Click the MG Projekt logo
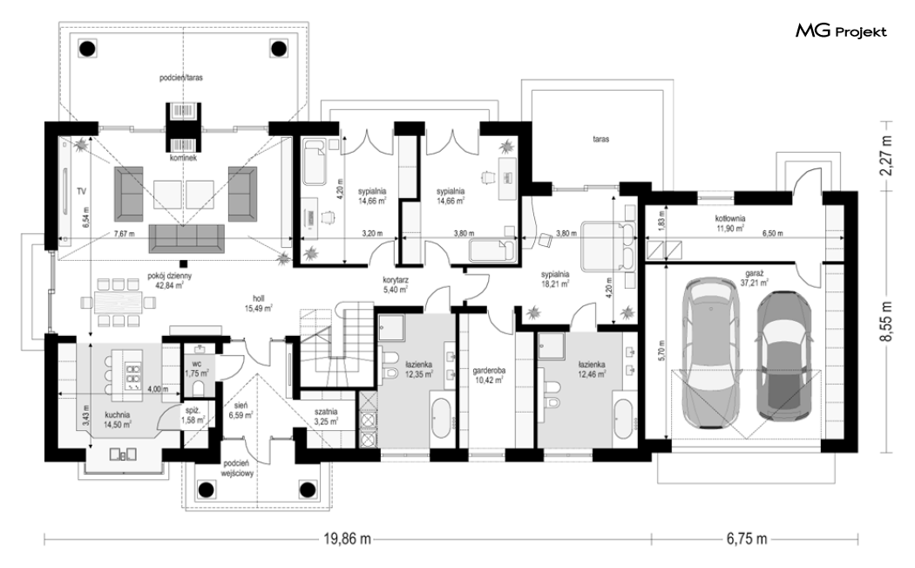pyautogui.click(x=841, y=31)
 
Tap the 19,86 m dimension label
pyautogui.click(x=347, y=539)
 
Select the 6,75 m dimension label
pyautogui.click(x=747, y=539)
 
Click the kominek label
pyautogui.click(x=184, y=158)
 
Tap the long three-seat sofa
pyautogui.click(x=186, y=238)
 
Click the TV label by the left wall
pyautogui.click(x=81, y=191)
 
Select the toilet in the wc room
pyautogui.click(x=199, y=388)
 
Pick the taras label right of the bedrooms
pyautogui.click(x=601, y=139)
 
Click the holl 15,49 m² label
pyautogui.click(x=259, y=304)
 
